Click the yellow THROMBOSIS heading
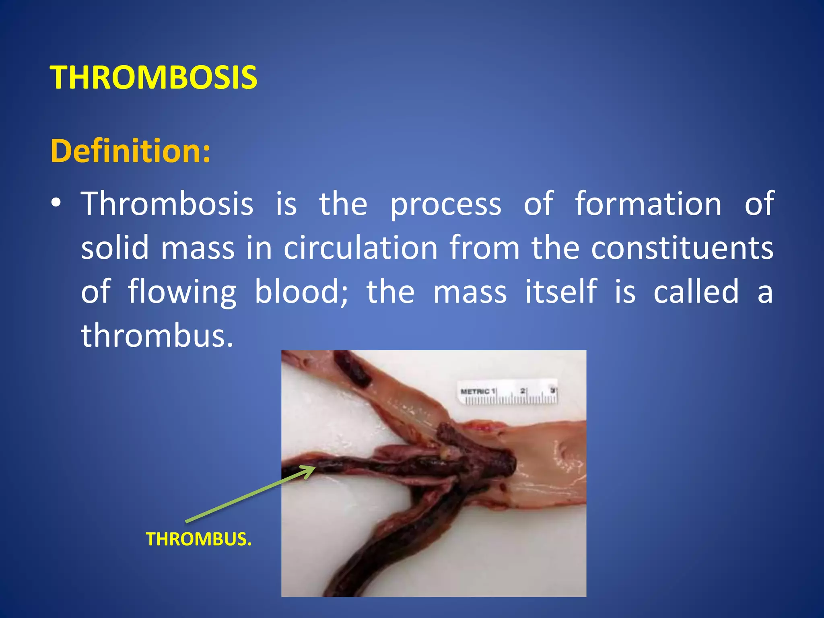153,77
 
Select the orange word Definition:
130,151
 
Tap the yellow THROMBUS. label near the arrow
198,539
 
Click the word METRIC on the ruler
475,391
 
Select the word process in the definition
446,204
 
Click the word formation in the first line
648,204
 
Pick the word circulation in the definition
360,248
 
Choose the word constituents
682,248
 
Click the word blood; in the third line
302,291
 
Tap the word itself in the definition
561,291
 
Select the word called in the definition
696,291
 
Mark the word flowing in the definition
182,292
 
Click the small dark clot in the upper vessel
352,368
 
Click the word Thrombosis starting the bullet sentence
167,204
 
